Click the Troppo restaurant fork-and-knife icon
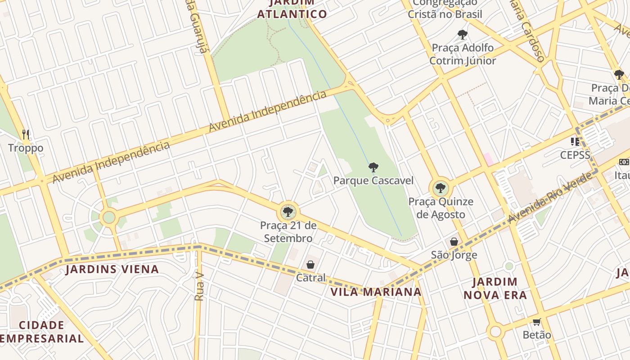pos(26,134)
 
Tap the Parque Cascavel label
pos(373,181)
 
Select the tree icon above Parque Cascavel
pos(373,167)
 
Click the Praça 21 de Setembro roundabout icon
pos(288,211)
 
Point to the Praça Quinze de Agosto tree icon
pos(440,188)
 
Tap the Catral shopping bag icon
pos(310,265)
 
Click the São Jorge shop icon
pos(454,242)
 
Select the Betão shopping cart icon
pos(536,322)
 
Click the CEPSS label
pos(575,155)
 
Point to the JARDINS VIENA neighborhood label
pos(112,270)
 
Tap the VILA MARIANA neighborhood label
pos(376,292)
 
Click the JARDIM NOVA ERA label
pos(495,288)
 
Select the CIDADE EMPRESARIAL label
pos(42,332)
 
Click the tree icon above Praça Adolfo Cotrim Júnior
pos(462,34)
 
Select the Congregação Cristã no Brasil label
pos(445,9)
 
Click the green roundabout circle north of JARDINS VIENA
pos(109,217)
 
